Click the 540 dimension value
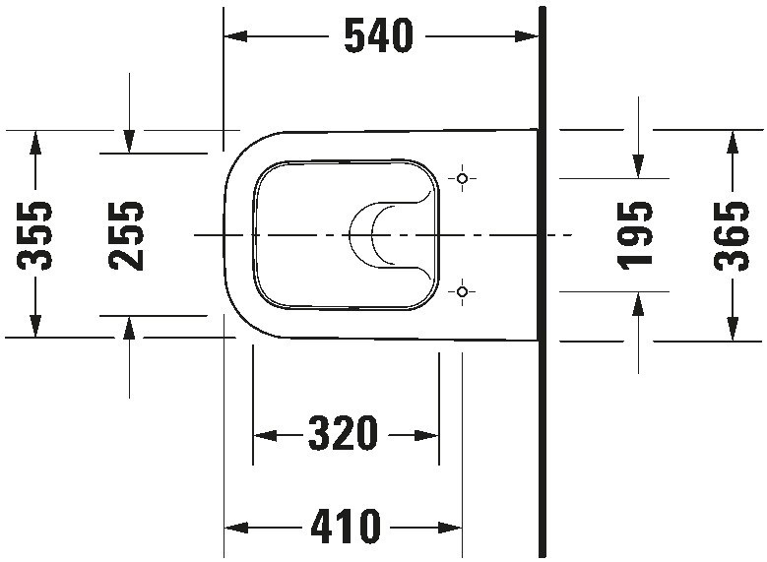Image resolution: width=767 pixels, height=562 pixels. tap(378, 36)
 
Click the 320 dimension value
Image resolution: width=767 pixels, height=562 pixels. tap(344, 433)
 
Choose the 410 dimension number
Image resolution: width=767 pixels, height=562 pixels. tap(346, 529)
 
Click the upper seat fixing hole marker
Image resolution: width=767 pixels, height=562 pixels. tap(464, 178)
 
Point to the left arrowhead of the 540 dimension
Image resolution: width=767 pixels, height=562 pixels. tap(234, 36)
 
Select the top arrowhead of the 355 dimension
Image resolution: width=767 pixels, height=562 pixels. tap(35, 141)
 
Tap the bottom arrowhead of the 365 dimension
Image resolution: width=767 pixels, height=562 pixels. tap(732, 330)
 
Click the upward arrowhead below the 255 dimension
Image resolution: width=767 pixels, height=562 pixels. tap(129, 327)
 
